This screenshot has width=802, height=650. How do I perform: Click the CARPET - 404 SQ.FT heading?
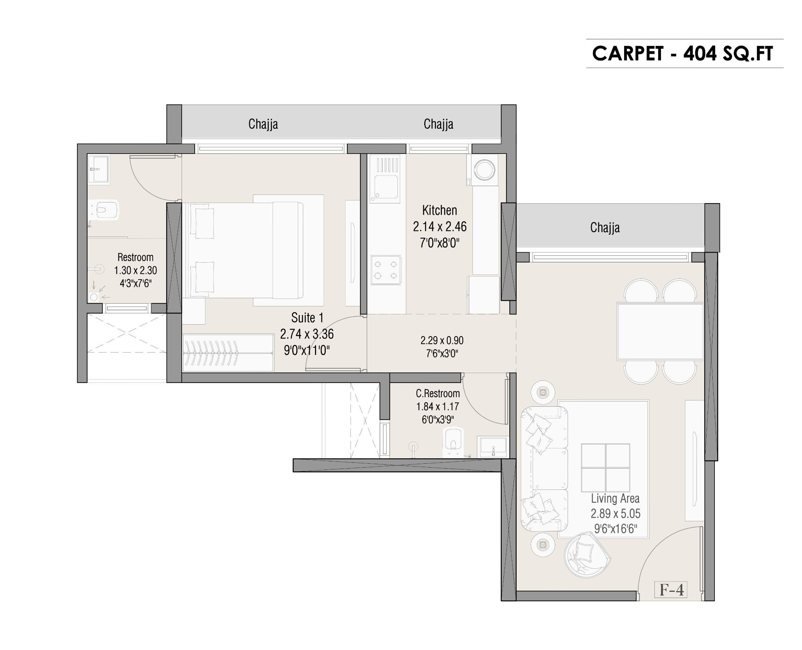point(682,54)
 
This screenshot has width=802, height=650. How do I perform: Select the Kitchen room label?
point(440,210)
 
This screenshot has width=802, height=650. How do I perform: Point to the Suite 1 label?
point(307,318)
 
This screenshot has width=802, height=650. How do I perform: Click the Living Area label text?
point(615,499)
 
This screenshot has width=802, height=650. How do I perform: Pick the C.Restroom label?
point(438,394)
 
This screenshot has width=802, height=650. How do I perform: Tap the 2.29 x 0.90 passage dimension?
point(442,340)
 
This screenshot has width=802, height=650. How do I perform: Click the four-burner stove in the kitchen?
point(386,270)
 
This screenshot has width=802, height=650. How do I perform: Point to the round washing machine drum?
point(484,170)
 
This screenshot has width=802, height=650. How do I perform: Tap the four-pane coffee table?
point(605,468)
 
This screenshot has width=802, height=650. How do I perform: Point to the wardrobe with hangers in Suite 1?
point(228,352)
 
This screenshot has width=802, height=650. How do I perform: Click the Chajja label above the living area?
point(605,227)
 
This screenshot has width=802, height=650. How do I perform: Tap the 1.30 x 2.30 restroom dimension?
point(135,270)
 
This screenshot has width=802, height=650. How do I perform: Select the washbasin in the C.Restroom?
point(493,446)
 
